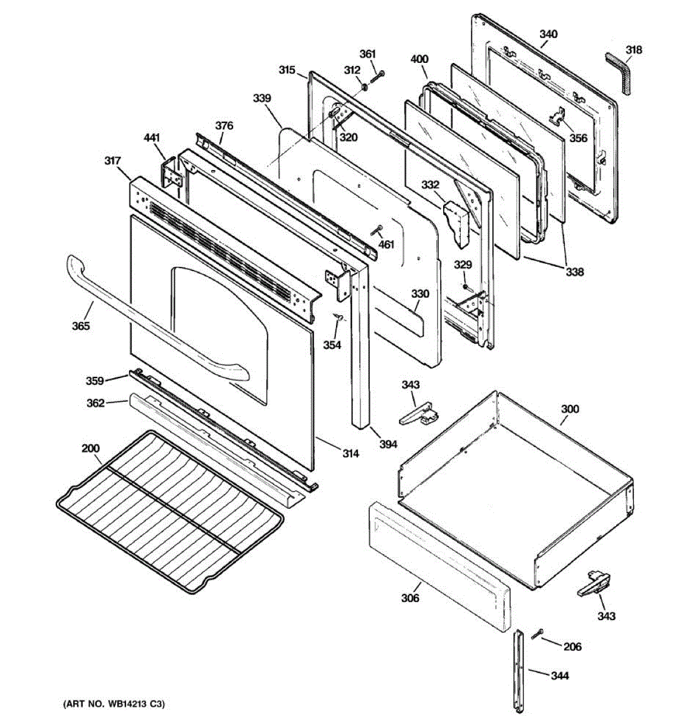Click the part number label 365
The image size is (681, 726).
coord(81,326)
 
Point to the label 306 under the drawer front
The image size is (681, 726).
coord(410,598)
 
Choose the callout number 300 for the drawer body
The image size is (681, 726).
coord(570,409)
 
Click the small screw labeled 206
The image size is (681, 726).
coord(538,634)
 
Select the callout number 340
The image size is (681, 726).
coord(548,34)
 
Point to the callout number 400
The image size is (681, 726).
coord(419,59)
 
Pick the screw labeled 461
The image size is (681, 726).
coord(378,231)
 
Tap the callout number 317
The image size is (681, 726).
coord(112,161)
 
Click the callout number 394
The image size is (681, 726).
coord(388,444)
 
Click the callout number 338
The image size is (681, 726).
coord(575,272)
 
